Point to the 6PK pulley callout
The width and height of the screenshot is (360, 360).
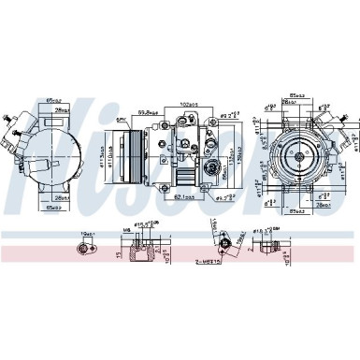coord(122,121)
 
